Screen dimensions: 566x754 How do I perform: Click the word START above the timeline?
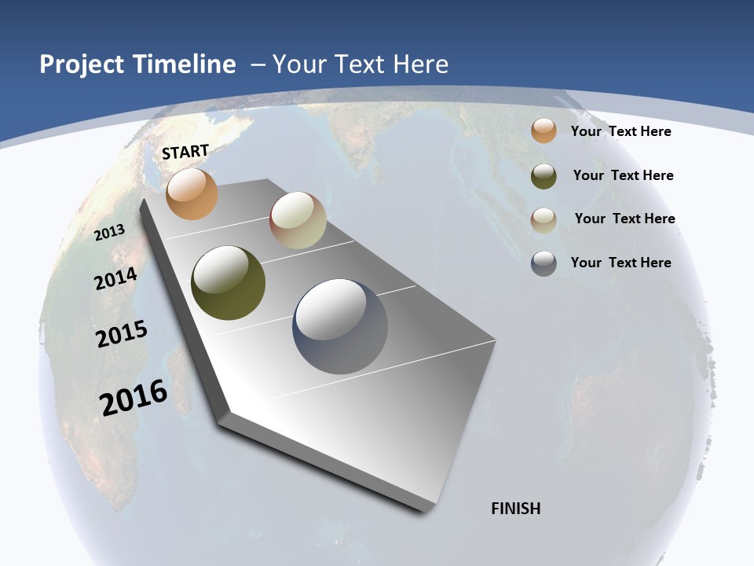pos(185,152)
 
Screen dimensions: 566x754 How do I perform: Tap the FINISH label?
pos(516,509)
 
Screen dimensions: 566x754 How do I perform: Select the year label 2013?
pos(110,232)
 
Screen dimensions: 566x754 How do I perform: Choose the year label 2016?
pos(134,397)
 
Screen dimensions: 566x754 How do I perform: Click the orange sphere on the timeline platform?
pos(192,193)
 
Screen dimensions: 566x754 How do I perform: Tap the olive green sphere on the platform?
pos(228,283)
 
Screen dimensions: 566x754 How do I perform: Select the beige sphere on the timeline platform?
pos(298,221)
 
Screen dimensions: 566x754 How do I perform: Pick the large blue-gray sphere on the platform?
pos(340,326)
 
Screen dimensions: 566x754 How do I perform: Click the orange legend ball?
pos(544,130)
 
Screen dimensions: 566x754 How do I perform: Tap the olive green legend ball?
pos(544,176)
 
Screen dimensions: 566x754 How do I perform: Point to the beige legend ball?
pos(544,219)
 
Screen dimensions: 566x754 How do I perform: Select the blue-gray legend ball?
pos(544,263)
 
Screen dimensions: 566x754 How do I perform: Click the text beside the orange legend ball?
pos(620,131)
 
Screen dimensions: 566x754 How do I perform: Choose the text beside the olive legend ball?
pos(623,175)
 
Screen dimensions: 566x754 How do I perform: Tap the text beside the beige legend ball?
pos(624,219)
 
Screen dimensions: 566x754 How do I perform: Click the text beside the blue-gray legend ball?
pos(620,263)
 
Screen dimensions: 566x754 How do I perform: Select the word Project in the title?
pos(82,64)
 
